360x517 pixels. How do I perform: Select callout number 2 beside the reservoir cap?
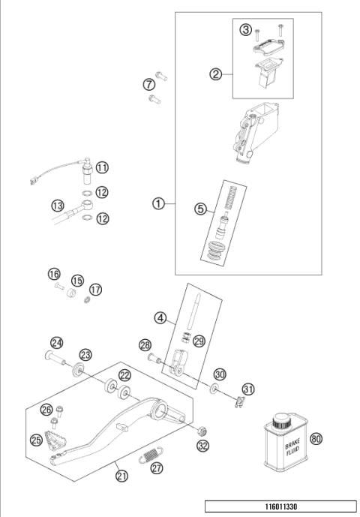pos(216,74)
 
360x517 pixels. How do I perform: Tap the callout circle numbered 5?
pos(245,29)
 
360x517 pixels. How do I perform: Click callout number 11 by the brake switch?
pos(200,209)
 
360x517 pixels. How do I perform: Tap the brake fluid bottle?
pos(282,447)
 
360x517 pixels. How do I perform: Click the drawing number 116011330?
pos(280,506)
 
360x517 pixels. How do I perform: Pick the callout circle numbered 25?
pos(36,439)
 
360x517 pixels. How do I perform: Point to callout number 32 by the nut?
pos(202,446)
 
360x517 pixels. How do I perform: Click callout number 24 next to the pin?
pos(56,343)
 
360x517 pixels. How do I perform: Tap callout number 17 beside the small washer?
pos(95,290)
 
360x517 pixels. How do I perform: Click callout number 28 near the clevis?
pos(145,344)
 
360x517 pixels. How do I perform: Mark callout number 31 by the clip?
pos(248,388)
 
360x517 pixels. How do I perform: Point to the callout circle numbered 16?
pos(54,275)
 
